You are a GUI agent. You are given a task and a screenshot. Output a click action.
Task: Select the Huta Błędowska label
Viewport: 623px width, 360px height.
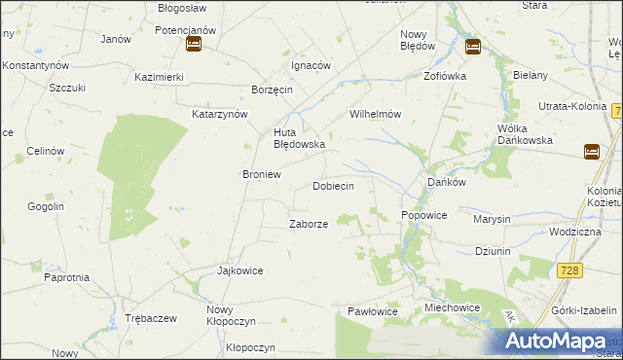299,138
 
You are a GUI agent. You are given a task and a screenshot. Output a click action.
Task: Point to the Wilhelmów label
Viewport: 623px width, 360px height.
376,114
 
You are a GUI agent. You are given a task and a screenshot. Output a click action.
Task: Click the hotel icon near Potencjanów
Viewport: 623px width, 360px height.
193,45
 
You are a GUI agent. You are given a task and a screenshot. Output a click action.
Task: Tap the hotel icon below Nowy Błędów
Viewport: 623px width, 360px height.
473,46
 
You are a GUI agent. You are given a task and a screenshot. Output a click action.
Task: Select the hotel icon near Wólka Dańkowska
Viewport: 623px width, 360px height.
592,151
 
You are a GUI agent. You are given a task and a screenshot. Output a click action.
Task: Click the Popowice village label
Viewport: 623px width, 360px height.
423,215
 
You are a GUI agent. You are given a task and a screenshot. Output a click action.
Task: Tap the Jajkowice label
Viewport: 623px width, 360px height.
240,270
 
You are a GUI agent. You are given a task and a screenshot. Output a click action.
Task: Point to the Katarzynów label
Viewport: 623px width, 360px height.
220,114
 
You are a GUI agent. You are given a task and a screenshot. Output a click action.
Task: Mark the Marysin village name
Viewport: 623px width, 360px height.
492,219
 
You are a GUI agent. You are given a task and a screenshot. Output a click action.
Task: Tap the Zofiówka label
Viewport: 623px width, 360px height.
445,75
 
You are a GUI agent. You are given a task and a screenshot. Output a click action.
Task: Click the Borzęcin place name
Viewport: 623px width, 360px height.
272,90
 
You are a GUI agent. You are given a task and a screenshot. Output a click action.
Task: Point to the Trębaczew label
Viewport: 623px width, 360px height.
150,319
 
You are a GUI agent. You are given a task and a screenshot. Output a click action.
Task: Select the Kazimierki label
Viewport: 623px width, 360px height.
160,76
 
